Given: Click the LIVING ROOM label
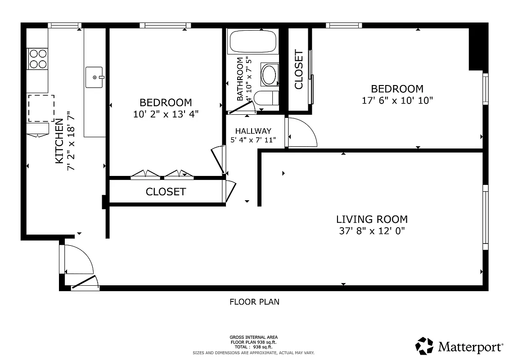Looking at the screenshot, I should [372, 220].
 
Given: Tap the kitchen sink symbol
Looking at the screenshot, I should [94, 77].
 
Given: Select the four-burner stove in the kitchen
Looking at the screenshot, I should [38, 58].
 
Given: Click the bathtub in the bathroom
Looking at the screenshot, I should [252, 42].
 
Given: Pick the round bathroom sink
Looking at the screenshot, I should [270, 75].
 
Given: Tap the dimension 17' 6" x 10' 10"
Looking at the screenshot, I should [397, 100].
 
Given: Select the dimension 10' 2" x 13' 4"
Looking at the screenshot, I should [166, 114].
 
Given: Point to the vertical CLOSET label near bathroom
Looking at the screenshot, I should [298, 69].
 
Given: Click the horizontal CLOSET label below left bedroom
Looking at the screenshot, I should [166, 192].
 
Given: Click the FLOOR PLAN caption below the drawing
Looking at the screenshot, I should [254, 302].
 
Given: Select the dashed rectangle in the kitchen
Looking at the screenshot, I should [41, 108].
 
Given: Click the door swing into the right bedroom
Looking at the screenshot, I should [302, 132].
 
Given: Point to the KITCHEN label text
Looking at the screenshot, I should [59, 141].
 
